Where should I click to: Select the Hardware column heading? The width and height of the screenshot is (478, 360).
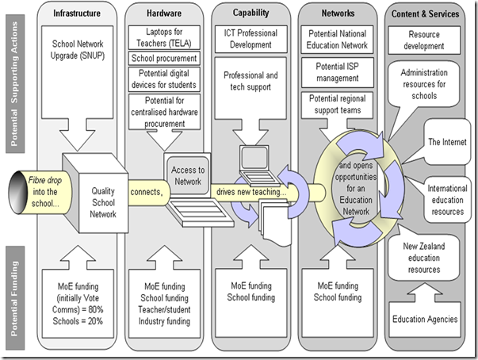pyautogui.click(x=163, y=13)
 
